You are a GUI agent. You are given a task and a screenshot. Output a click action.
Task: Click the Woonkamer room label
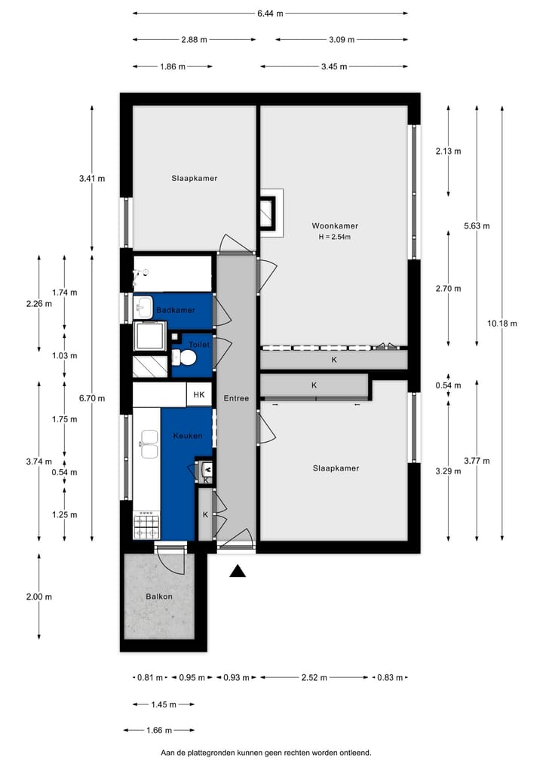[335, 225]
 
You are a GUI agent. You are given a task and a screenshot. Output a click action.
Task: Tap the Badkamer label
[175, 310]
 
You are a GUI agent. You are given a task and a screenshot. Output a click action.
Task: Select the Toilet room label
[198, 344]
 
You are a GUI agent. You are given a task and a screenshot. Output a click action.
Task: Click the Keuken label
[187, 436]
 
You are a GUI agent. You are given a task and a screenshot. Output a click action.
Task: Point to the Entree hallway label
[235, 398]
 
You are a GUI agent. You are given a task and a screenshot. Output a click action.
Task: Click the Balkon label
[158, 597]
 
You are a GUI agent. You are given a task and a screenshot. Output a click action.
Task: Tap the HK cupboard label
[198, 394]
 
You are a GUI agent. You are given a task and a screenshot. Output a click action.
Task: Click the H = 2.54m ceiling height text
[335, 237]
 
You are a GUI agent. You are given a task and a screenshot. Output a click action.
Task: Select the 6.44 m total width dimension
[269, 13]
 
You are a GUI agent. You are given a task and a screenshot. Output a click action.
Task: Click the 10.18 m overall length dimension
[502, 324]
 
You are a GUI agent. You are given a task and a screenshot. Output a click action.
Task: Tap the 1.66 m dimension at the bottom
[159, 731]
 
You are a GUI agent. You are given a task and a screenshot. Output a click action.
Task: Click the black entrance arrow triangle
[238, 572]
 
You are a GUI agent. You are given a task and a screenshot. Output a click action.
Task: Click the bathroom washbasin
[143, 307]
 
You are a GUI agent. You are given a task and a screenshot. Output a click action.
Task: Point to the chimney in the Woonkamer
[269, 212]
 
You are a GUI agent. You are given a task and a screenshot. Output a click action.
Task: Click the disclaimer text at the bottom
[265, 753]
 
